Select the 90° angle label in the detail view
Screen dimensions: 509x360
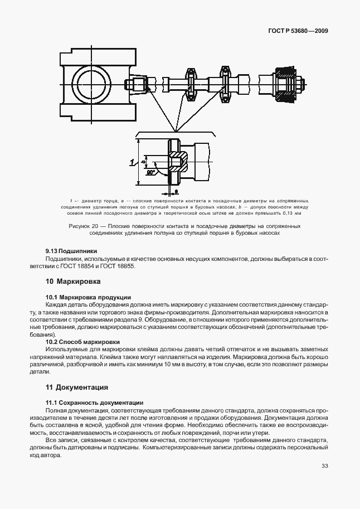[x=150, y=173]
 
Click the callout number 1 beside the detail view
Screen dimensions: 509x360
[x=132, y=162]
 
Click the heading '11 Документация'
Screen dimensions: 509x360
[x=76, y=387]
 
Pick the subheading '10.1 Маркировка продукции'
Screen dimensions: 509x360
[x=88, y=297]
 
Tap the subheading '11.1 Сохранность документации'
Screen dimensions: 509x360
[x=94, y=403]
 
